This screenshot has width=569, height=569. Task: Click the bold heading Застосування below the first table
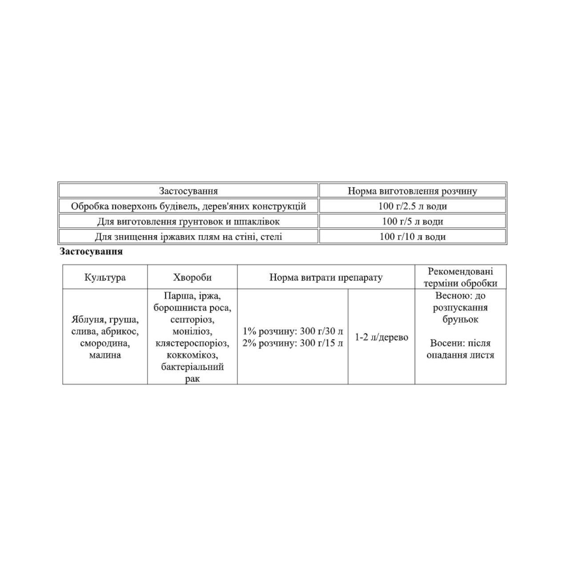pos(91,252)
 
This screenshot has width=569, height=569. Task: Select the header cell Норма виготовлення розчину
pos(412,191)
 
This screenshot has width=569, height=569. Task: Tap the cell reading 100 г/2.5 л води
pos(413,206)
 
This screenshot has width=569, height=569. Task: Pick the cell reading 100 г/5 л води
pos(413,221)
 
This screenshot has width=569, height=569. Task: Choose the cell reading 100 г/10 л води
pos(413,236)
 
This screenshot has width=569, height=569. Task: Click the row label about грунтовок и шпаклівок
pos(188,221)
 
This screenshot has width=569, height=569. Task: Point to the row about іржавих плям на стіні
pos(188,236)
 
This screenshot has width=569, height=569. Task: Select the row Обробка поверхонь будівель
pos(188,206)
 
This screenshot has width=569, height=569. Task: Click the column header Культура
pos(105,277)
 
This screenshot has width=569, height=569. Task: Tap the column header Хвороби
pos(192,277)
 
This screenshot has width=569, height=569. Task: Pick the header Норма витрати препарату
pos(326,277)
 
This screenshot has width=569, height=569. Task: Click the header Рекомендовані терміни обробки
pos(460,277)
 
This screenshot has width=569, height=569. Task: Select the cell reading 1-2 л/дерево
pos(381,337)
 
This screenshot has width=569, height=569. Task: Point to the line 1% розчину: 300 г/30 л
pos(293,331)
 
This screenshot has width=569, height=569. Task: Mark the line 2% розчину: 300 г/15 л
pos(293,343)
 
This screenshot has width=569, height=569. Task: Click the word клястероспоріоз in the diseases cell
pos(192,343)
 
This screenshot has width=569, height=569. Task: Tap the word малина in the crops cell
pos(105,355)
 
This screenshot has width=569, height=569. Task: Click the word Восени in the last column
pos(446,343)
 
